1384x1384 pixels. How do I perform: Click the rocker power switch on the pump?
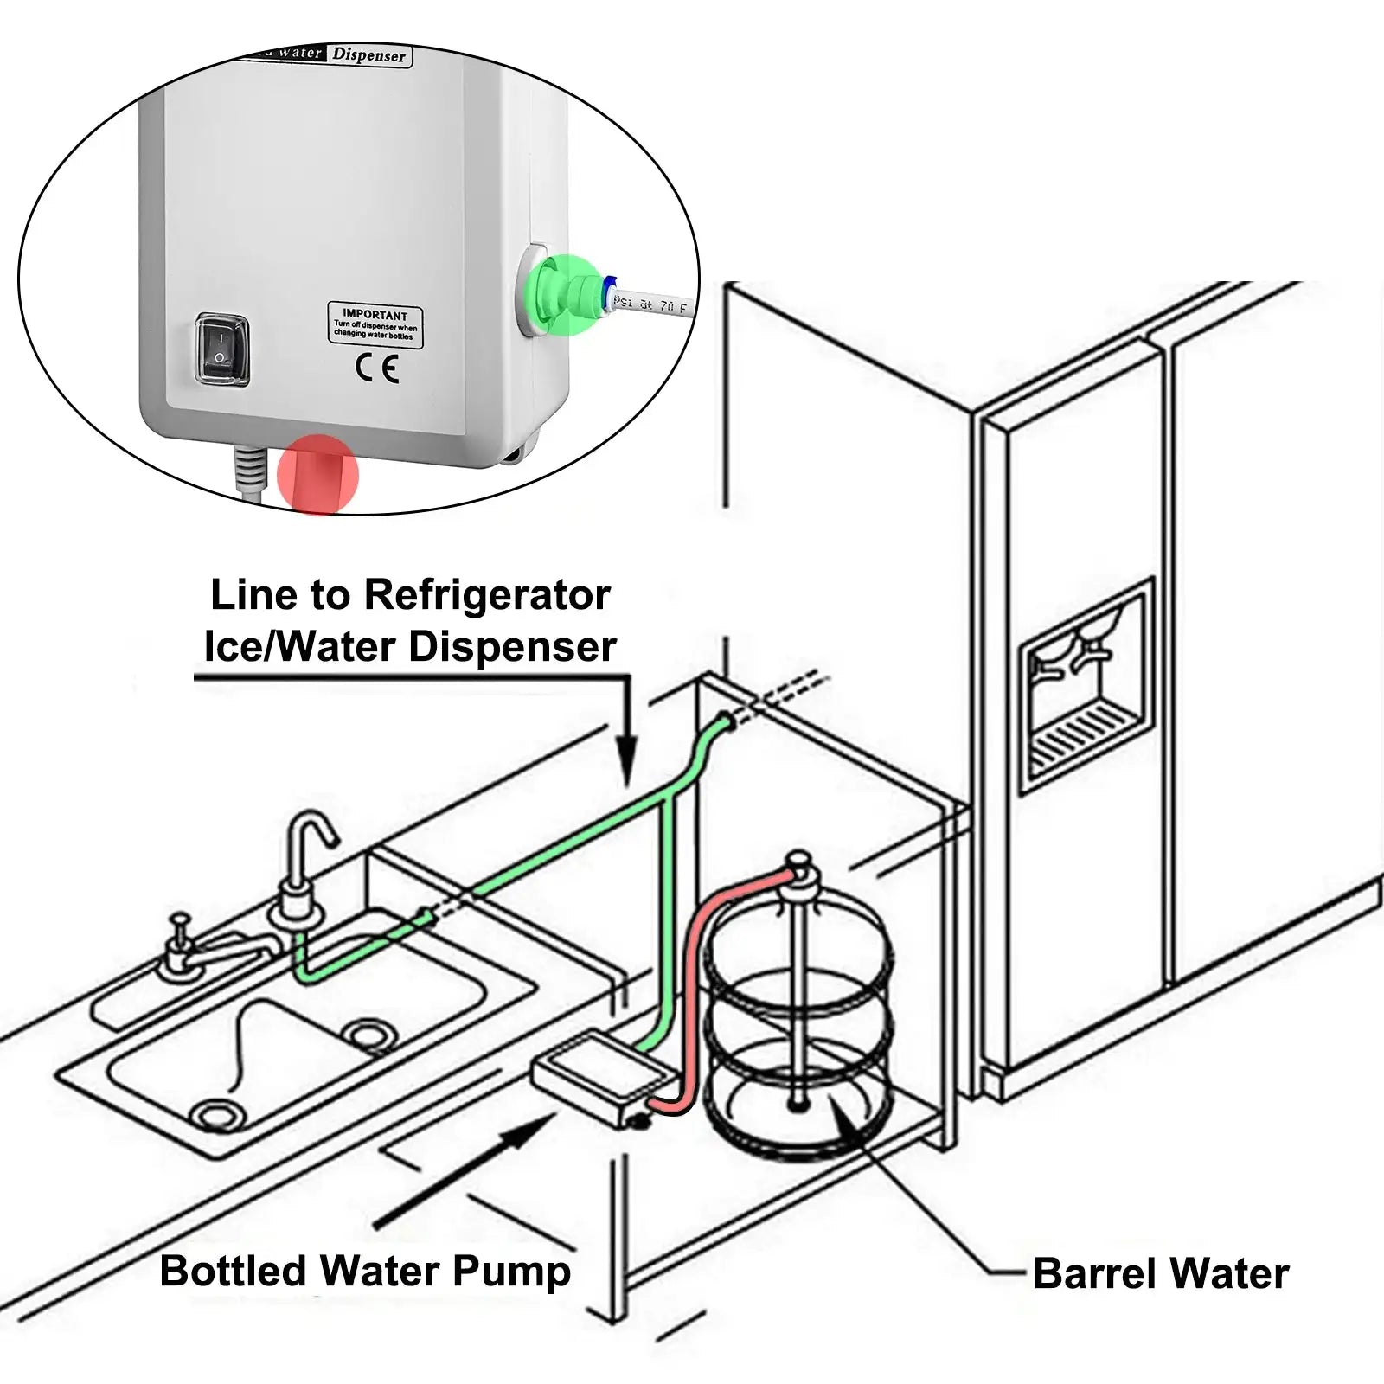(222, 349)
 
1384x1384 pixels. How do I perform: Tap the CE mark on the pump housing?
(377, 369)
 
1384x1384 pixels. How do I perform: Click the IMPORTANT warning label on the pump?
(375, 325)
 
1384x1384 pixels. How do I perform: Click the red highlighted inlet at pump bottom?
(317, 475)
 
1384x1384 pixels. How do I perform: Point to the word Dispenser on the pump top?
(369, 54)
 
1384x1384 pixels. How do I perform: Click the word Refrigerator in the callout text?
(486, 595)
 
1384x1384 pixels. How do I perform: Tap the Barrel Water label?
(1160, 1274)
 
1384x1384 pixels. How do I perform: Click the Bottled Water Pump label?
(365, 1272)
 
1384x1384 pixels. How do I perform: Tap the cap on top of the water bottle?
(799, 868)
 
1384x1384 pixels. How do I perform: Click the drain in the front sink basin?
(212, 1115)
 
